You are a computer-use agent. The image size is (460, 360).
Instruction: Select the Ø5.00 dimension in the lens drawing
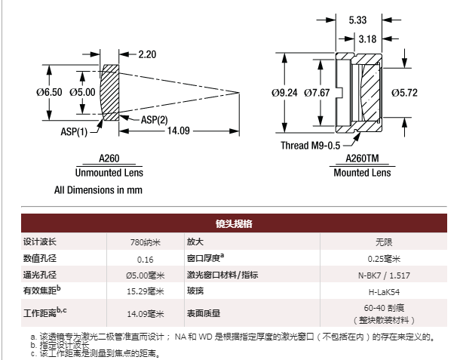(82, 92)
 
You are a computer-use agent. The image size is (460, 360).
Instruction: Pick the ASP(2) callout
(153, 119)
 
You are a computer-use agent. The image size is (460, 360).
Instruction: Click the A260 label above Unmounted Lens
(109, 159)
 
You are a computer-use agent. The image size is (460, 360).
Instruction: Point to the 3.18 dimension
(367, 38)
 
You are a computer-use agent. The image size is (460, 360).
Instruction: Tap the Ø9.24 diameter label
(284, 93)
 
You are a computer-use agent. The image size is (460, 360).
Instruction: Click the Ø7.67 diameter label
(317, 93)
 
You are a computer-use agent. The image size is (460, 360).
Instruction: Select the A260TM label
(362, 159)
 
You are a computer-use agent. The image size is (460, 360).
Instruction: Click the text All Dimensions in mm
(98, 190)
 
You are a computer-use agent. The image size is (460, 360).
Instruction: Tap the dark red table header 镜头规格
(229, 224)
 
